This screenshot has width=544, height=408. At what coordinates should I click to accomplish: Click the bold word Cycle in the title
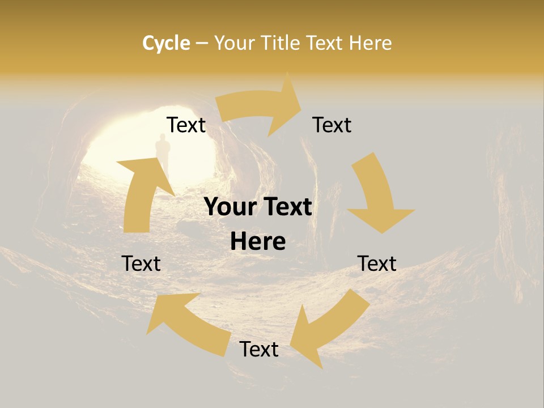click(x=166, y=43)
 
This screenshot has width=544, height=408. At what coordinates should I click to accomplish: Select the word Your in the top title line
click(x=235, y=43)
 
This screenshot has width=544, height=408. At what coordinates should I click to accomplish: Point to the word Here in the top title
click(x=371, y=43)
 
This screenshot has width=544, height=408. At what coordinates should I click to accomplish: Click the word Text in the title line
click(x=325, y=43)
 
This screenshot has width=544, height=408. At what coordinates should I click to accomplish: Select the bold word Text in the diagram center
click(x=285, y=207)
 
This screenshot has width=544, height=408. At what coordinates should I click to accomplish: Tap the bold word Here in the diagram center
click(x=257, y=242)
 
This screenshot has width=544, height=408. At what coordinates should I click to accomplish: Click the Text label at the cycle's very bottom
click(x=259, y=349)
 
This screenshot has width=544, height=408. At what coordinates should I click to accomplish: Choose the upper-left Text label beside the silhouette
click(x=186, y=125)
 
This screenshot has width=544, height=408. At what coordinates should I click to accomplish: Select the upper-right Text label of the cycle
click(x=332, y=125)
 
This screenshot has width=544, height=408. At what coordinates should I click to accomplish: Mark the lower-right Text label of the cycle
click(x=377, y=263)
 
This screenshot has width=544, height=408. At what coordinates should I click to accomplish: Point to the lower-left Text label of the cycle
click(x=142, y=263)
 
